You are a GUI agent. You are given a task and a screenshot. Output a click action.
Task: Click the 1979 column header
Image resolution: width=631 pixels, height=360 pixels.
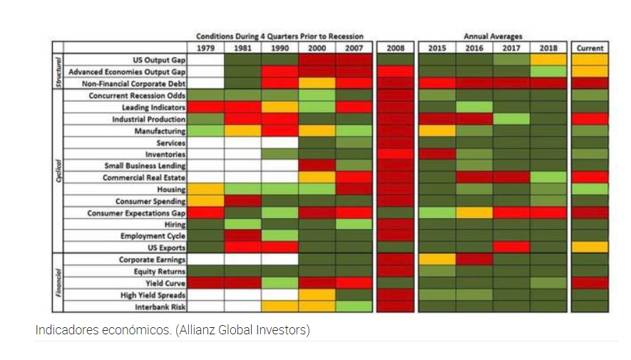tap(206, 48)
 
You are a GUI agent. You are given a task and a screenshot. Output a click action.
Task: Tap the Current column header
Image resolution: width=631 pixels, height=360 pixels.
tap(590, 48)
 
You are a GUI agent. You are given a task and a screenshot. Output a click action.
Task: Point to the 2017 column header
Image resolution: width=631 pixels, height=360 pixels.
tap(511, 48)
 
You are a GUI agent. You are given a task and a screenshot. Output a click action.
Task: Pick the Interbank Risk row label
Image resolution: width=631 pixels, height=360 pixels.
tap(160, 307)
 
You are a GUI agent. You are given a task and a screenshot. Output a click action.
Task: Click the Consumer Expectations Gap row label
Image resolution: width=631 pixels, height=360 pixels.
tap(136, 212)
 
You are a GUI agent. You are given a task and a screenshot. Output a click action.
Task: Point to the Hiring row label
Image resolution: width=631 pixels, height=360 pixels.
tap(175, 224)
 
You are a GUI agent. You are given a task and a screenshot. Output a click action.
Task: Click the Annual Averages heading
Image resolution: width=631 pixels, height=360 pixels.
tap(493, 36)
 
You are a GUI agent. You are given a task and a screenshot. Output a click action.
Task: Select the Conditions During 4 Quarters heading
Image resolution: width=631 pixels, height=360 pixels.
tap(280, 36)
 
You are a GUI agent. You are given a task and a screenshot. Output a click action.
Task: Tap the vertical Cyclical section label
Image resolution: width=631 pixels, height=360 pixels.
tap(58, 171)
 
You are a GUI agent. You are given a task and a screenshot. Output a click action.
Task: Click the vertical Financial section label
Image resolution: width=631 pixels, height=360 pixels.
tap(58, 283)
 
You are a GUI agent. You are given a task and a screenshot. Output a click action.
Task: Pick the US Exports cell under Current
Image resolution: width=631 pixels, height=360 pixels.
tap(590, 247)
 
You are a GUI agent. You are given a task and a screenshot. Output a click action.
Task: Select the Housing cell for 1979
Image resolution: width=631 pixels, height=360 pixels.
tap(206, 189)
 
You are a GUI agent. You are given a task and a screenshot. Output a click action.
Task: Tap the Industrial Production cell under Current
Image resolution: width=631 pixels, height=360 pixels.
tap(590, 119)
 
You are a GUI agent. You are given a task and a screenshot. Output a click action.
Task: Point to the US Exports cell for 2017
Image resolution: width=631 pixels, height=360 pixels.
tap(511, 247)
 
